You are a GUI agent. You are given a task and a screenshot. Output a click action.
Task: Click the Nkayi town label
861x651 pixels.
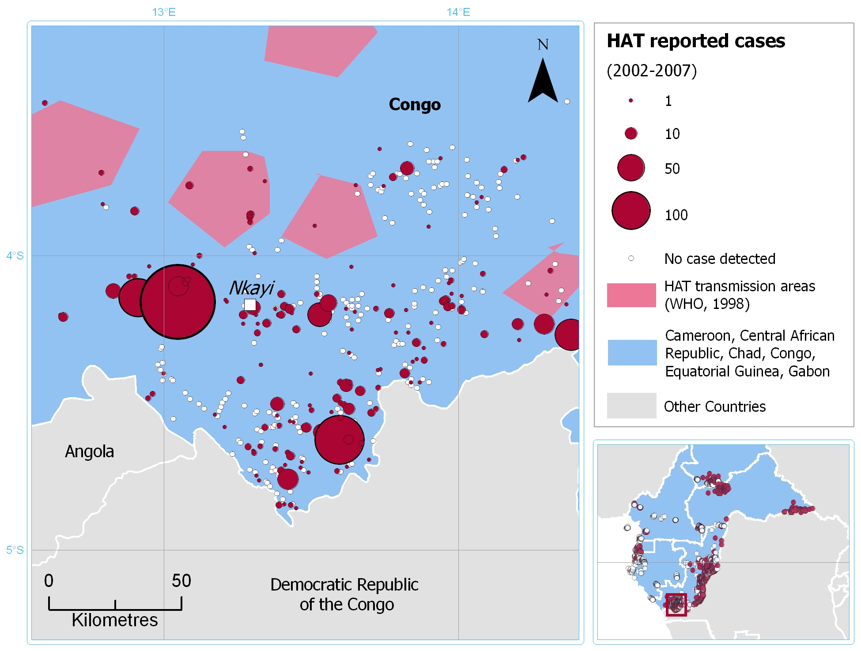tap(252, 288)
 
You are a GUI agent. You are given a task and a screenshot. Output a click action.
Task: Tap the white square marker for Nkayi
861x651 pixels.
tap(250, 305)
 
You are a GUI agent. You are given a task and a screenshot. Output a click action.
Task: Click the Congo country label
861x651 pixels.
tap(415, 105)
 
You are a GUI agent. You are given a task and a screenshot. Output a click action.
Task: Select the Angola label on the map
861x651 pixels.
tap(90, 452)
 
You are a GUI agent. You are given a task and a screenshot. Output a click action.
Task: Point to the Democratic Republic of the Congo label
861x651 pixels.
tap(344, 595)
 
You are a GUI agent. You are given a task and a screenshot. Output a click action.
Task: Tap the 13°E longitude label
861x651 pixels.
tap(164, 12)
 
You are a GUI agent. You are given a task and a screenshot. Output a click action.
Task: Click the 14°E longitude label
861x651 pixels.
tap(458, 12)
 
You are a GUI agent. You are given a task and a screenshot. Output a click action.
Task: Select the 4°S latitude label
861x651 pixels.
tap(15, 256)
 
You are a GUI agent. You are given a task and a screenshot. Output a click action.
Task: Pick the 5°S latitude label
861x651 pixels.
tap(15, 550)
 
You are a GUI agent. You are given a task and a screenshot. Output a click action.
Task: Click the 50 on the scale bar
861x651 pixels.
tap(181, 581)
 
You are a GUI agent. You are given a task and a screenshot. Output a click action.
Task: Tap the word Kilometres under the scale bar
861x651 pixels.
tap(115, 620)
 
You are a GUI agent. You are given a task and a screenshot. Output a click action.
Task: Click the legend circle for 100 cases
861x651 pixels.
tap(631, 211)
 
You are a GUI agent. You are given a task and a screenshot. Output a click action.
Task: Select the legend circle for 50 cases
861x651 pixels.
tap(631, 168)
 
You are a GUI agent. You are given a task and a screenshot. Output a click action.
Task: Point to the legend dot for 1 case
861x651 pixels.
tap(631, 101)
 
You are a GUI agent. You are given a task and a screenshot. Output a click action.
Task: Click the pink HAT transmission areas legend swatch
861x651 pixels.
tap(631, 295)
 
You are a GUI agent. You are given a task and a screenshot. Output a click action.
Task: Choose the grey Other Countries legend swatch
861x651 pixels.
tap(631, 406)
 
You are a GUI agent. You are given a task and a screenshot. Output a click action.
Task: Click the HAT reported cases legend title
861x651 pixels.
tap(696, 41)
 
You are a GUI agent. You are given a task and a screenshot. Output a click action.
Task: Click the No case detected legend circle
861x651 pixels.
tap(631, 258)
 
